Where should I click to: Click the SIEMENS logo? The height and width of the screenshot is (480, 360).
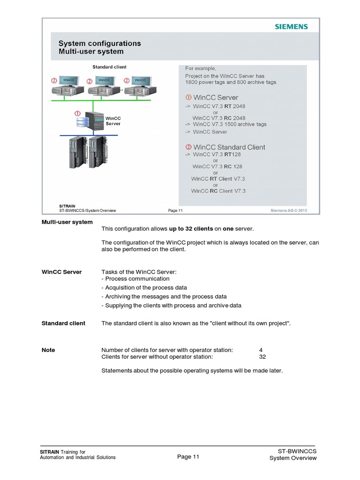[x=291, y=27]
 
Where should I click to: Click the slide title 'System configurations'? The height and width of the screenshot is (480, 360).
[x=99, y=44]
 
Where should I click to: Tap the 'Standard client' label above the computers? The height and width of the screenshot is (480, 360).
[x=109, y=67]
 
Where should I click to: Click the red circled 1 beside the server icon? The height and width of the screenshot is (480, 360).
[x=77, y=113]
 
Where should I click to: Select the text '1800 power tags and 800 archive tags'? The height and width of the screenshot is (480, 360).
[x=231, y=82]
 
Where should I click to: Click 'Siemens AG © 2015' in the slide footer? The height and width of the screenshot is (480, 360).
[x=289, y=210]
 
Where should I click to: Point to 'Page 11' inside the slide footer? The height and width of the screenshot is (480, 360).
[x=175, y=210]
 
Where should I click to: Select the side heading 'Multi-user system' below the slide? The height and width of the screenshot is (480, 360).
[x=67, y=222]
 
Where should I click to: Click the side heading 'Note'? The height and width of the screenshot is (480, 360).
[x=48, y=350]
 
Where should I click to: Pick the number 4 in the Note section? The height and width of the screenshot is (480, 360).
[x=261, y=350]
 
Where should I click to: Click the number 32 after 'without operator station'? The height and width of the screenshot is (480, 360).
[x=262, y=356]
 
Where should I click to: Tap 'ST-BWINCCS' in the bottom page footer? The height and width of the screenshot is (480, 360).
[x=297, y=451]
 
